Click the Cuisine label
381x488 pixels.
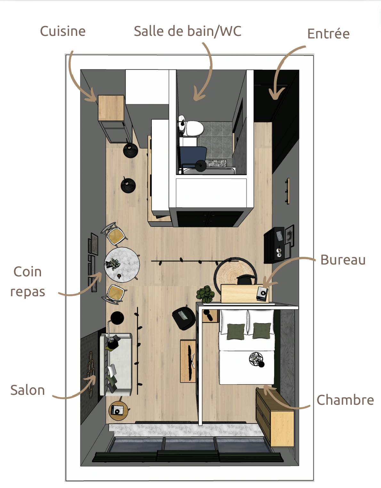[63, 31]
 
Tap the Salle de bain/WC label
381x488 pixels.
[187, 31]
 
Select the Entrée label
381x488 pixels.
[328, 34]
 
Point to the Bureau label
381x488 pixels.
[343, 260]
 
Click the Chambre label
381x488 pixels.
[345, 400]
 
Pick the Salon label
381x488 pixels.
[28, 390]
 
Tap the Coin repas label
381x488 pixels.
[28, 281]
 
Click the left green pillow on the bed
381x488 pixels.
[236, 331]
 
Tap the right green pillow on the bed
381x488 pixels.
[262, 330]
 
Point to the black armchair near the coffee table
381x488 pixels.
[183, 317]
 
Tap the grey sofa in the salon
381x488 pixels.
[116, 364]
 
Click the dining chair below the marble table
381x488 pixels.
[115, 294]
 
